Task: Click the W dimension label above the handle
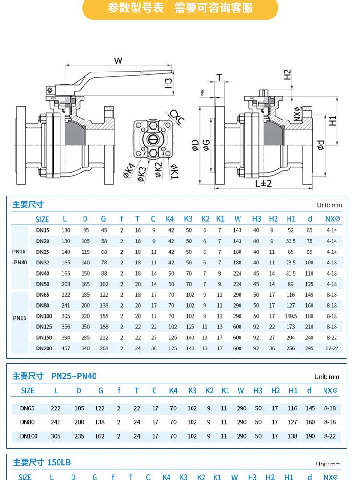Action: [x=118, y=60]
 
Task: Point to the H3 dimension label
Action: [x=168, y=83]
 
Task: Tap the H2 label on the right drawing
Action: [x=287, y=74]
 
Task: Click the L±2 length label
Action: [x=263, y=183]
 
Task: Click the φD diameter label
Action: [x=195, y=145]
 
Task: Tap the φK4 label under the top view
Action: [x=129, y=171]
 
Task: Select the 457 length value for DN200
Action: [x=66, y=348]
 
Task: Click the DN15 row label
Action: [x=43, y=230]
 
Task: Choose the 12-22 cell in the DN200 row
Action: [x=332, y=348]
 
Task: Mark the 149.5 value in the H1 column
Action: [x=291, y=316]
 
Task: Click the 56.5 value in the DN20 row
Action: [x=291, y=241]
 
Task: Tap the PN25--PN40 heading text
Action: [x=74, y=376]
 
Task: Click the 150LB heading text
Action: [x=59, y=462]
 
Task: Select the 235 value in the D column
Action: [x=79, y=436]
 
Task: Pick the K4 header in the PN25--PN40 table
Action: [x=173, y=391]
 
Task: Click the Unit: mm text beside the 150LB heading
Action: [x=328, y=464]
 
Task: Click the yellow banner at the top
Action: [x=180, y=9]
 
